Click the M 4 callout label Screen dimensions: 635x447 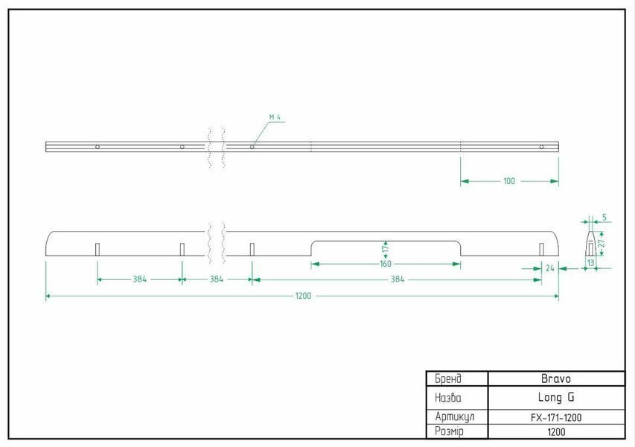pyautogui.click(x=275, y=117)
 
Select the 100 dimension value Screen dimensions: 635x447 pyautogui.click(x=509, y=181)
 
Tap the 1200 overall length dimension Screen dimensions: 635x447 pyautogui.click(x=303, y=296)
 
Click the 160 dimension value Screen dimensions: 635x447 pyautogui.click(x=386, y=264)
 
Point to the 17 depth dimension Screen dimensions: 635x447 pyautogui.click(x=385, y=247)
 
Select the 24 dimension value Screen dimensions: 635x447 pyautogui.click(x=549, y=268)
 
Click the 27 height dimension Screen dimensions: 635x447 pyautogui.click(x=602, y=243)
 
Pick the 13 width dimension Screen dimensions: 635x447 pyautogui.click(x=591, y=262)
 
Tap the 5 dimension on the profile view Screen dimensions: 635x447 pyautogui.click(x=604, y=218)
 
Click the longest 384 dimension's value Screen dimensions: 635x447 pyautogui.click(x=398, y=279)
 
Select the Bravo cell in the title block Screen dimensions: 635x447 pyautogui.click(x=556, y=379)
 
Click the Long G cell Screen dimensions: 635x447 pyautogui.click(x=556, y=398)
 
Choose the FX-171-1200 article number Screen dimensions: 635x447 pyautogui.click(x=556, y=417)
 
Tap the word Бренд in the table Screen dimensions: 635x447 pyautogui.click(x=448, y=379)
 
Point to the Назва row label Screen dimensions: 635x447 pyautogui.click(x=448, y=398)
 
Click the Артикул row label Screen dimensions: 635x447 pyautogui.click(x=455, y=417)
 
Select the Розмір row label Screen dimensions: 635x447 pyautogui.click(x=449, y=431)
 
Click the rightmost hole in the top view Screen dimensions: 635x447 pyautogui.click(x=541, y=147)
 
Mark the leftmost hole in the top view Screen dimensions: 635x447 pyautogui.click(x=98, y=147)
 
